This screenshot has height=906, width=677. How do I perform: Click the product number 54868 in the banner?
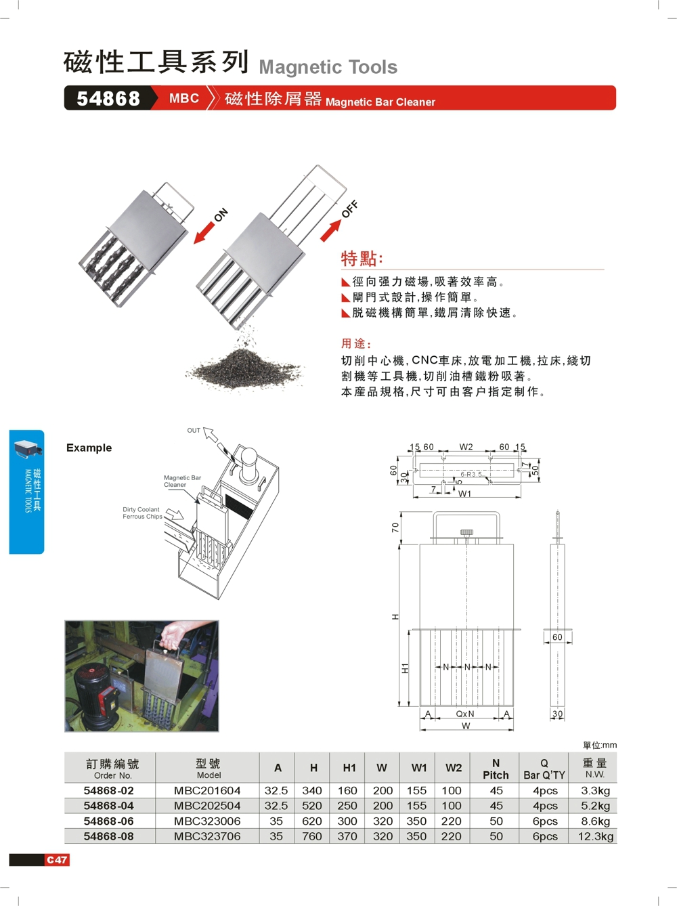108,99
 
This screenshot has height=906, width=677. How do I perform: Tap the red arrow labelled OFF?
330,230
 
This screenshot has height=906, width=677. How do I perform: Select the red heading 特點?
362,259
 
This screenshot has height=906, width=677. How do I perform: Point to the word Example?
89,448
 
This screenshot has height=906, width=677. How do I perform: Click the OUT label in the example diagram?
194,431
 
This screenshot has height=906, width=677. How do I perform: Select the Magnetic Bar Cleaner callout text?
182,481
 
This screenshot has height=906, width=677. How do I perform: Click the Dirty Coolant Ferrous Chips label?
141,513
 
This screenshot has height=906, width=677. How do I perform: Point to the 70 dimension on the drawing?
396,527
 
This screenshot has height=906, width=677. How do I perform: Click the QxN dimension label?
465,714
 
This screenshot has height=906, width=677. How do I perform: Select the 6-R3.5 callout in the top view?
471,475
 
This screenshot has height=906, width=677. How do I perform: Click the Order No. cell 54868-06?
109,821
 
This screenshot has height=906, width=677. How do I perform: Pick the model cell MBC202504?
207,806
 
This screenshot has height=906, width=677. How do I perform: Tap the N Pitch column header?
496,769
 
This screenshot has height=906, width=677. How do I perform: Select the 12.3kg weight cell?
596,836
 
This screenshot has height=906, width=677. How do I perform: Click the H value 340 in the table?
312,790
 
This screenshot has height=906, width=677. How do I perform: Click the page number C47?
57,860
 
